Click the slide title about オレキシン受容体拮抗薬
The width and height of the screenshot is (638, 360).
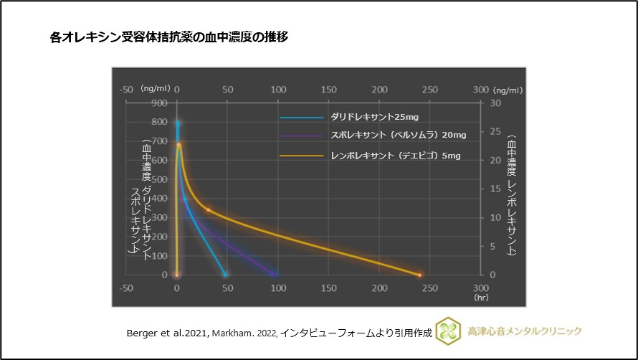point(169,37)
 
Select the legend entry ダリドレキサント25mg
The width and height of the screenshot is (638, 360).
point(374,117)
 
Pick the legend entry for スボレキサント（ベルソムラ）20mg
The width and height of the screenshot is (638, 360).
point(398,136)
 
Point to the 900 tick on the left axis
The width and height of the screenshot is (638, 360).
point(159,103)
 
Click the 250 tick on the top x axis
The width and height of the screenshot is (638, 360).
point(429,90)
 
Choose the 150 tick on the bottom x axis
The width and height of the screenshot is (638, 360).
point(328,288)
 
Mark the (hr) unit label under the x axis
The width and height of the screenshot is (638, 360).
point(480,296)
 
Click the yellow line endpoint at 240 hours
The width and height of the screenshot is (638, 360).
point(420,275)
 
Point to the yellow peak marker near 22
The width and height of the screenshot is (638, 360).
point(178,146)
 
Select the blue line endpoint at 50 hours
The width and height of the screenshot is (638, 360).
point(226,275)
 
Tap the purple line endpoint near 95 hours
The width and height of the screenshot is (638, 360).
point(273,275)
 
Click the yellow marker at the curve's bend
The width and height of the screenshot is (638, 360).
point(209,209)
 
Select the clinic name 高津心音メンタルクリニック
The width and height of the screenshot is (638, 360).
point(525,331)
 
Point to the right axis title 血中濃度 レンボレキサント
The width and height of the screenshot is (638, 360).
point(511,194)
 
